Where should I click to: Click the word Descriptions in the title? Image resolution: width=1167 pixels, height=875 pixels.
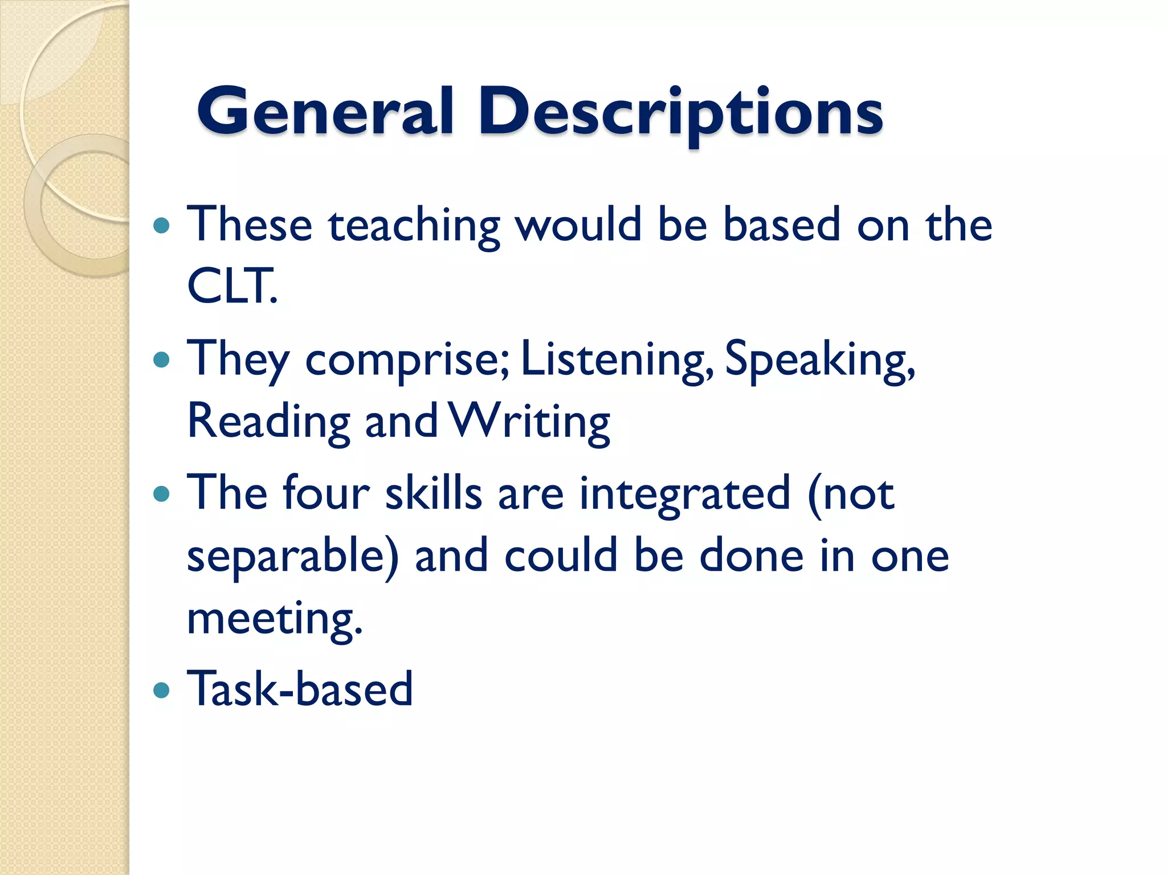[681, 112]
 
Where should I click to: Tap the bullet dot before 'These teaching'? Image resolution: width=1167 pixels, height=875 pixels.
[162, 226]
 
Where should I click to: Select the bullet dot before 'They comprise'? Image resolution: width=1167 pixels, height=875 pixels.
[162, 360]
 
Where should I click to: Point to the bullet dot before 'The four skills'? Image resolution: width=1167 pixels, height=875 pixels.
[162, 494]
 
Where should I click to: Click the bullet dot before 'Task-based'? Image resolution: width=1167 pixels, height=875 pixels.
[162, 690]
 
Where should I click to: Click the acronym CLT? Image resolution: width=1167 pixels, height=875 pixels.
[230, 286]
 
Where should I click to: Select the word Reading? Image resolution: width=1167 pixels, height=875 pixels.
[268, 422]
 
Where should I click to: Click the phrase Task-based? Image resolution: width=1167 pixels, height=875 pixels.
[300, 689]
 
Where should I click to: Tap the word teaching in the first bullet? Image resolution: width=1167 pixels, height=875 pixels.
[414, 226]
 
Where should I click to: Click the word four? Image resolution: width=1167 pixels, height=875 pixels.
[326, 493]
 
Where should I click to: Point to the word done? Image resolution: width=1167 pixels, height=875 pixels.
[752, 556]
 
